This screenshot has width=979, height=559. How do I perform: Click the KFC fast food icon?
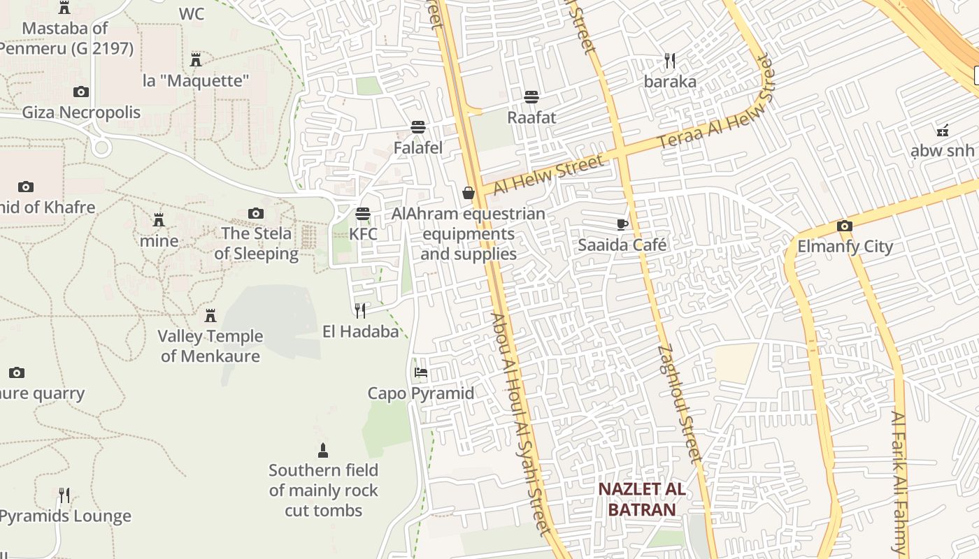point(362,213)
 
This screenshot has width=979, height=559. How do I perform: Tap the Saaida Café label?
point(622,245)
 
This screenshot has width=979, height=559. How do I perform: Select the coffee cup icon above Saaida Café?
point(622,224)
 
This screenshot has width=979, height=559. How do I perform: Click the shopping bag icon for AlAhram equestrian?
point(469,193)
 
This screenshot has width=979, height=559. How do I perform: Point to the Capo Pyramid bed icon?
point(420,372)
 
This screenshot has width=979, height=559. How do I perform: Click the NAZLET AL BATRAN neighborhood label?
point(641,500)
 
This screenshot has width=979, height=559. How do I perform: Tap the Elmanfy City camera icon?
point(844,226)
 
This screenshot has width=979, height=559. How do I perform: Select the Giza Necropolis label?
point(81,112)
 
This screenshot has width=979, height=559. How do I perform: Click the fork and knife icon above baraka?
point(670,61)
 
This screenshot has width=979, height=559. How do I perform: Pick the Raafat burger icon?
point(531,96)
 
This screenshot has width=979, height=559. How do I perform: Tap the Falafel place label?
point(418,148)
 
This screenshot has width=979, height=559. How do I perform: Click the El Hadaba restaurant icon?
point(360,310)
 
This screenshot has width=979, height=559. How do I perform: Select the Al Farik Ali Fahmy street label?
point(899,482)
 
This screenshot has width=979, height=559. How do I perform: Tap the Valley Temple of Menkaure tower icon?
point(210,315)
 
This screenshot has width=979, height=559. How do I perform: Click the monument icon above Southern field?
point(323,449)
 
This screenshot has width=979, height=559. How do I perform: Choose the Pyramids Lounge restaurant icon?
point(64,495)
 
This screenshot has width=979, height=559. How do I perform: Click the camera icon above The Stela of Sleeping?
point(256,213)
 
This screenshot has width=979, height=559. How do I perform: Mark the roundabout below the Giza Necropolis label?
point(101,147)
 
